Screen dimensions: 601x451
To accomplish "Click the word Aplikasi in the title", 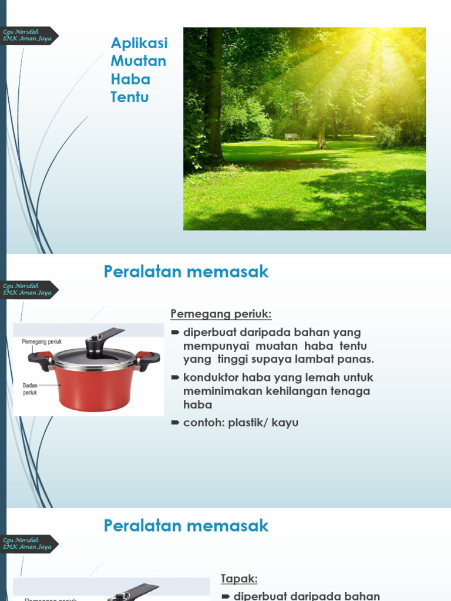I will [x=139, y=43].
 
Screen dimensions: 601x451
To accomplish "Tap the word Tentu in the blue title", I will [x=129, y=97].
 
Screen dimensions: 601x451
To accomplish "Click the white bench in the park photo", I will [x=292, y=137].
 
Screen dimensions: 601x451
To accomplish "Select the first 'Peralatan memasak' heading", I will [x=186, y=272].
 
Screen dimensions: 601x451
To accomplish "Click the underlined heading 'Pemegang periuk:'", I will [x=221, y=315].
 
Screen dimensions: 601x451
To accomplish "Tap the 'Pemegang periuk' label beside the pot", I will [x=42, y=342].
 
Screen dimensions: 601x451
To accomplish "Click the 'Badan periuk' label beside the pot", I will [x=30, y=389].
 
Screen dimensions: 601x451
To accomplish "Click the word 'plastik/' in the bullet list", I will [x=252, y=423].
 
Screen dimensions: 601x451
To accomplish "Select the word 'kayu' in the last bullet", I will [x=286, y=423].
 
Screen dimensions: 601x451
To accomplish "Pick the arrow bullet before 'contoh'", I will [x=174, y=423].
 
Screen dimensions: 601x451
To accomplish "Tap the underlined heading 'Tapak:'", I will [x=239, y=579].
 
